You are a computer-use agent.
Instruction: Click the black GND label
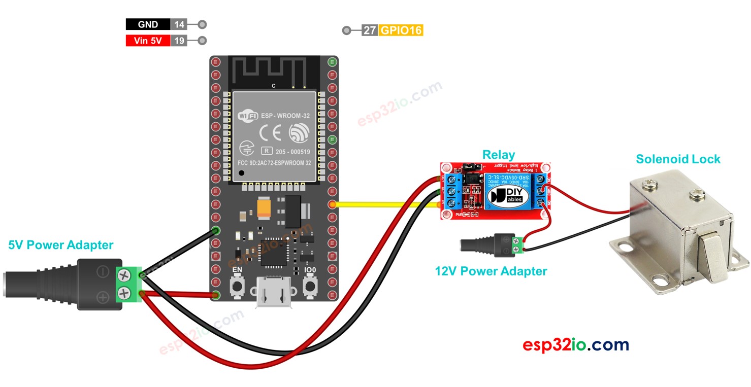[148, 24]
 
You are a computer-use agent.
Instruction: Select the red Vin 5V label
[148, 41]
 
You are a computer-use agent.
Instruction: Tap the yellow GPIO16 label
[401, 30]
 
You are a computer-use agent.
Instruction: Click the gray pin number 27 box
[370, 30]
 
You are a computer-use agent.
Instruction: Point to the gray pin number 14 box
[179, 24]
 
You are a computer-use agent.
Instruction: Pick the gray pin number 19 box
[179, 41]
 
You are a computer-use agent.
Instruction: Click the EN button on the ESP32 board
[237, 288]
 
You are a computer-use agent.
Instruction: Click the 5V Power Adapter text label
[61, 245]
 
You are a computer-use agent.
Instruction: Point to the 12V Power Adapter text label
[491, 271]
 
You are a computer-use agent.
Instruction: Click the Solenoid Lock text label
[678, 159]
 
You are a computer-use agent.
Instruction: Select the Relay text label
[498, 155]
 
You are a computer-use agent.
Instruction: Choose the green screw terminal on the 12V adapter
[517, 245]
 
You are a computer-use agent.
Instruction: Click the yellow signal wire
[386, 205]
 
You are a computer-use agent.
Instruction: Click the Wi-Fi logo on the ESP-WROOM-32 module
[248, 116]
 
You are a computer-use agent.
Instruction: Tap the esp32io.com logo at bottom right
[575, 345]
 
